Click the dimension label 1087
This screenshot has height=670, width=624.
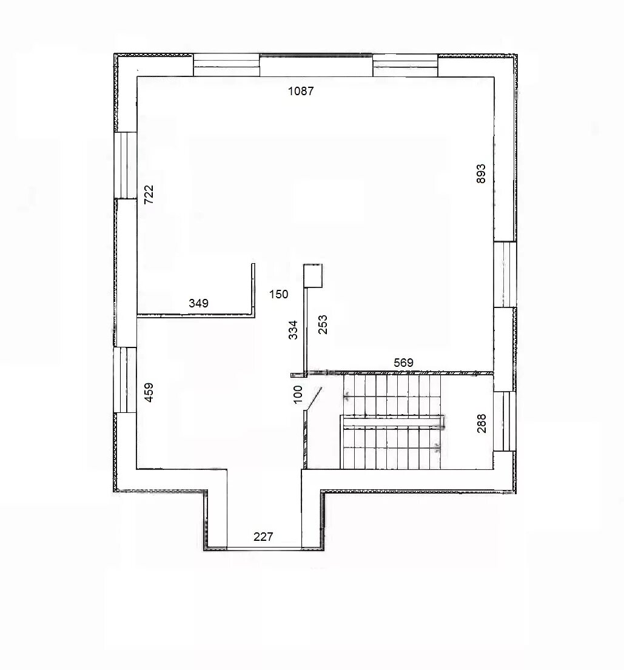pyautogui.click(x=301, y=91)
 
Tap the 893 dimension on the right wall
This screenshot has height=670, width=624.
pyautogui.click(x=481, y=173)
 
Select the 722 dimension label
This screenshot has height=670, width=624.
pyautogui.click(x=149, y=195)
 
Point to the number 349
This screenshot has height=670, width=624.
pyautogui.click(x=199, y=303)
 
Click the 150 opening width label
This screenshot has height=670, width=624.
pyautogui.click(x=279, y=294)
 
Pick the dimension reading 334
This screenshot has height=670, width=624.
pyautogui.click(x=293, y=330)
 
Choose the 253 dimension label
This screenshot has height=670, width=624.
pyautogui.click(x=323, y=324)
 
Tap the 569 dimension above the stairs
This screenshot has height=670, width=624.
pyautogui.click(x=403, y=363)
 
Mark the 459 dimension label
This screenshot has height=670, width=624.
pyautogui.click(x=149, y=392)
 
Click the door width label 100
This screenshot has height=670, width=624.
pyautogui.click(x=298, y=394)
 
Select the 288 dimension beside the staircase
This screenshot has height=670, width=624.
pyautogui.click(x=481, y=423)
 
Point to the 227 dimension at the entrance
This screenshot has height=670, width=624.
pyautogui.click(x=263, y=537)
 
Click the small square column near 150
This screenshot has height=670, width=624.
pyautogui.click(x=313, y=276)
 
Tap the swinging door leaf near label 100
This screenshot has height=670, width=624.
pyautogui.click(x=314, y=399)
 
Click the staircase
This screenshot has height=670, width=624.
pyautogui.click(x=392, y=421)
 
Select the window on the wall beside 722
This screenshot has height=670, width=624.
pyautogui.click(x=126, y=166)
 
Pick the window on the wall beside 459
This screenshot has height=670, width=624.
pyautogui.click(x=126, y=380)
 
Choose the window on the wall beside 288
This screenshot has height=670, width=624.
pyautogui.click(x=505, y=421)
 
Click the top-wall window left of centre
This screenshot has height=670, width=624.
pyautogui.click(x=227, y=65)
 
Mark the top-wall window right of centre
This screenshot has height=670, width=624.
pyautogui.click(x=405, y=65)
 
